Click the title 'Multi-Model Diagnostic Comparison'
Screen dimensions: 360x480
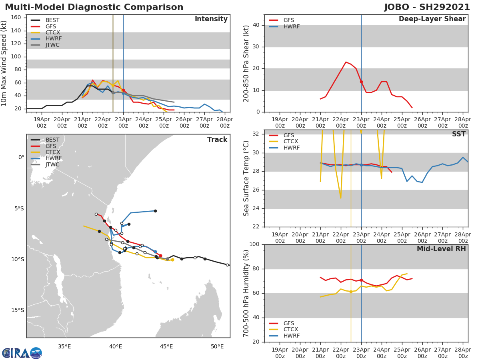pos(94,8)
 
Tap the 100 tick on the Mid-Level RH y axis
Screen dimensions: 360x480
pos(254,244)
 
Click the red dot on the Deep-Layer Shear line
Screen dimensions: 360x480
pos(361,82)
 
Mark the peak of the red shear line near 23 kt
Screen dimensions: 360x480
pos(346,62)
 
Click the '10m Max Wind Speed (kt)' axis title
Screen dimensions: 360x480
pos(4,64)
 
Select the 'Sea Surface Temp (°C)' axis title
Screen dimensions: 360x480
pos(246,178)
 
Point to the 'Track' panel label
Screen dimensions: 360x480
pos(217,140)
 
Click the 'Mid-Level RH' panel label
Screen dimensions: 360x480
pos(441,249)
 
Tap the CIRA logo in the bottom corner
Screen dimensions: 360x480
pos(22,353)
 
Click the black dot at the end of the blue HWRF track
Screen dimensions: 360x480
pos(155,211)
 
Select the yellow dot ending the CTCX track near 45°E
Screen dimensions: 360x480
pos(172,260)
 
